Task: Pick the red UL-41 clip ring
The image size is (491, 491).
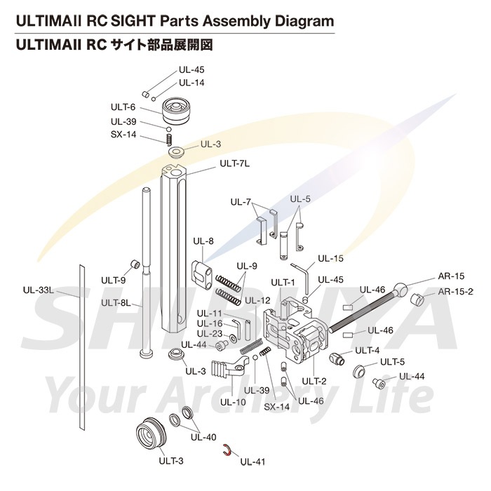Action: pos(227,450)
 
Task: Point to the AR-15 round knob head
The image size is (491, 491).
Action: pos(402,289)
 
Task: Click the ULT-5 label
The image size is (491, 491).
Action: pos(393,362)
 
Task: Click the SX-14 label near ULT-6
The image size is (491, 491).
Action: pos(123,135)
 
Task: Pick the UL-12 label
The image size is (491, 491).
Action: pos(257,300)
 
